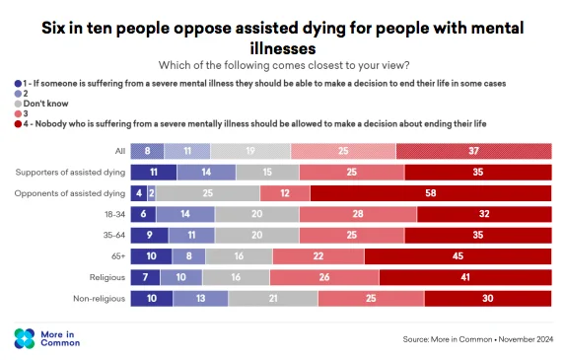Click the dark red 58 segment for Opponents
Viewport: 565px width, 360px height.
click(x=431, y=193)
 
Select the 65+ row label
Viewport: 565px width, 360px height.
click(x=118, y=256)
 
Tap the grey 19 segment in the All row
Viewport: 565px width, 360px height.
click(x=250, y=151)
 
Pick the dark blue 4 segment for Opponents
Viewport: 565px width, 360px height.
click(x=139, y=193)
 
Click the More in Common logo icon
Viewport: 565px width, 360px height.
click(x=25, y=338)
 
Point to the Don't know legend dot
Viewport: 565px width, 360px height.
click(x=18, y=104)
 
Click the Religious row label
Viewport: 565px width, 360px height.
click(x=107, y=277)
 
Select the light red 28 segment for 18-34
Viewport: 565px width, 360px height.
click(x=358, y=214)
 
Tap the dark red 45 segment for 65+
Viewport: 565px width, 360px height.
click(x=458, y=256)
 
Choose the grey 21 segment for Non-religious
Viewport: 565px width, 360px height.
click(x=273, y=299)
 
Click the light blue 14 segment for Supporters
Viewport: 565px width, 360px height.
click(x=206, y=173)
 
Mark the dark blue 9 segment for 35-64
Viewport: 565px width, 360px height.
click(x=149, y=236)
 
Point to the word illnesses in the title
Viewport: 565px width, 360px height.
click(x=283, y=48)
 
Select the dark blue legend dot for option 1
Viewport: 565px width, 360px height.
click(x=18, y=84)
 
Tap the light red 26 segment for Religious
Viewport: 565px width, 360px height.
click(x=324, y=277)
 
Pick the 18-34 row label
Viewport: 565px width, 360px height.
click(x=115, y=214)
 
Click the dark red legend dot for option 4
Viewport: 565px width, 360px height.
click(x=18, y=124)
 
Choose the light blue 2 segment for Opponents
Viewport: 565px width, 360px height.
click(x=151, y=193)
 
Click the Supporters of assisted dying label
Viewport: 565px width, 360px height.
click(x=70, y=173)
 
